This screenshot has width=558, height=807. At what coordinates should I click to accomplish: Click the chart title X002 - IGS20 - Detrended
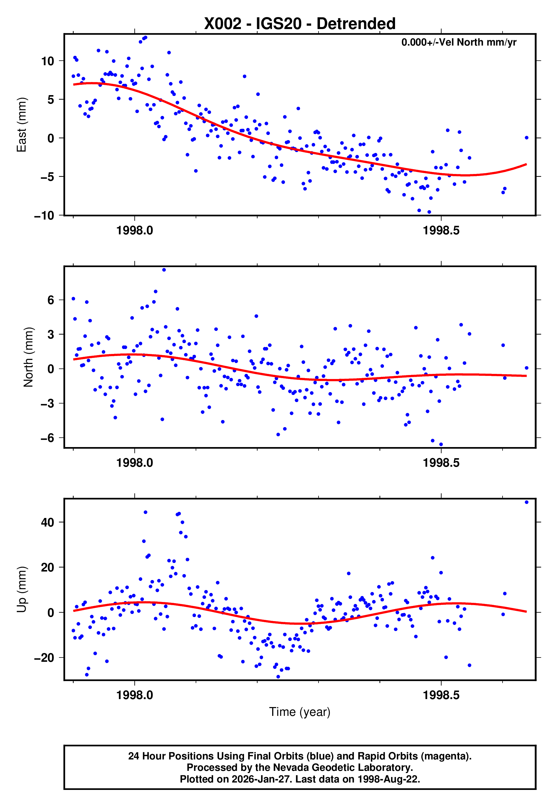pyautogui.click(x=300, y=24)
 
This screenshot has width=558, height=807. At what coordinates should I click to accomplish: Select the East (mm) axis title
pyautogui.click(x=22, y=125)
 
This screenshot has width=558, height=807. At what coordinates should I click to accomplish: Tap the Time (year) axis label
pyautogui.click(x=300, y=712)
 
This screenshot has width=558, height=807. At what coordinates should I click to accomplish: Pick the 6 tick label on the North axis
pyautogui.click(x=51, y=300)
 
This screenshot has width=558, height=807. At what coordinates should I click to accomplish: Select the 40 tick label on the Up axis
pyautogui.click(x=47, y=523)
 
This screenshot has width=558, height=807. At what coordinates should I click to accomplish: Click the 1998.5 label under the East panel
pyautogui.click(x=441, y=231)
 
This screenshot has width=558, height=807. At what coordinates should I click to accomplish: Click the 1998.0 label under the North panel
pyautogui.click(x=135, y=463)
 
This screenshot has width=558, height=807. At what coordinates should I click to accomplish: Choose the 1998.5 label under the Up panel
pyautogui.click(x=441, y=695)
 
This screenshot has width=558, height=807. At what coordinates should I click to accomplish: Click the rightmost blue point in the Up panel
pyautogui.click(x=526, y=502)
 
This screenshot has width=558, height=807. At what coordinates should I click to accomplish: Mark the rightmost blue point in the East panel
pyautogui.click(x=526, y=138)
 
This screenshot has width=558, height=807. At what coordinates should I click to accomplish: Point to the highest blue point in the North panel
pyautogui.click(x=164, y=270)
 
